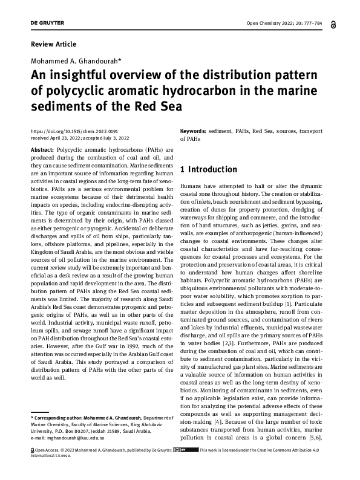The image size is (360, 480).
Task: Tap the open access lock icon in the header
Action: click(x=335, y=24)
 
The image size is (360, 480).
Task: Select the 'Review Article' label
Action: click(x=53, y=44)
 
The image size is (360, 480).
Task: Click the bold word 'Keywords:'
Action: click(x=194, y=131)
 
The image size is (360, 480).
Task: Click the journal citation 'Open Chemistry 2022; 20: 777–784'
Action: click(x=285, y=24)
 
